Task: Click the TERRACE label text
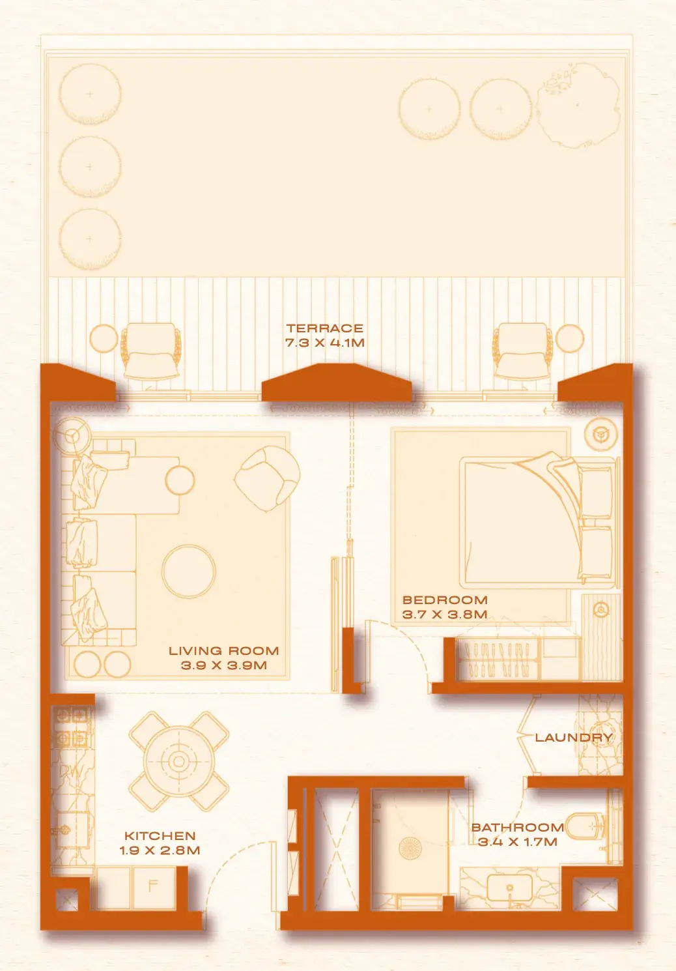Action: [x=324, y=328]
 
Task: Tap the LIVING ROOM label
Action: [x=223, y=650]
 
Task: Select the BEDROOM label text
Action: [x=445, y=600]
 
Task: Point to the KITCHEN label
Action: [x=160, y=835]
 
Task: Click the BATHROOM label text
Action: [x=517, y=827]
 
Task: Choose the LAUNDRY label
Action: [x=574, y=737]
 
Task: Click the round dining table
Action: [x=179, y=761]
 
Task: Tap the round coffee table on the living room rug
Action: [x=188, y=571]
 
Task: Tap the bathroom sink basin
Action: [x=510, y=887]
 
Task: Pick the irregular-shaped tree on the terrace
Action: [x=578, y=105]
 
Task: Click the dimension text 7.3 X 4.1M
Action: [x=324, y=343]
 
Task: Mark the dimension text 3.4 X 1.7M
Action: [x=517, y=842]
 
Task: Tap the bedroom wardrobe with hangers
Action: [x=498, y=659]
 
